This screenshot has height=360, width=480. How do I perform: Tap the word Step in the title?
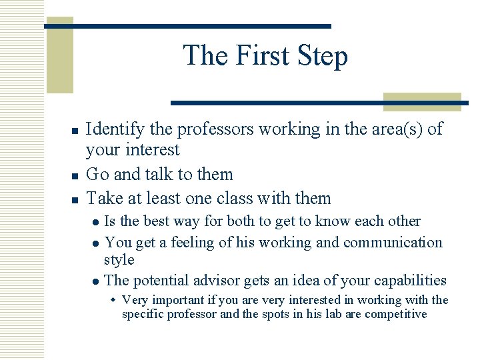(x=323, y=57)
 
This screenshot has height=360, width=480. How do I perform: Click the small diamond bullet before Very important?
(x=113, y=301)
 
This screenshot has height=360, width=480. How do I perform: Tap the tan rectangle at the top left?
(x=59, y=57)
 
